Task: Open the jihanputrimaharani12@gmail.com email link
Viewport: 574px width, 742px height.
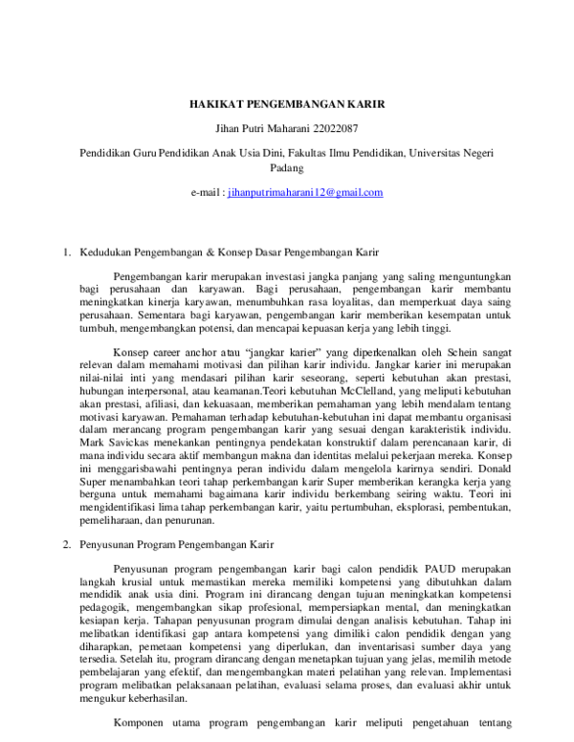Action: [x=305, y=192]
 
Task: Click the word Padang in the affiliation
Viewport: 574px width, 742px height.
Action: [x=287, y=167]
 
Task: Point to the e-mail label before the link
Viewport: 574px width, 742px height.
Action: [x=206, y=192]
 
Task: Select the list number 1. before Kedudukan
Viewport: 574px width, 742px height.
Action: [x=67, y=252]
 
